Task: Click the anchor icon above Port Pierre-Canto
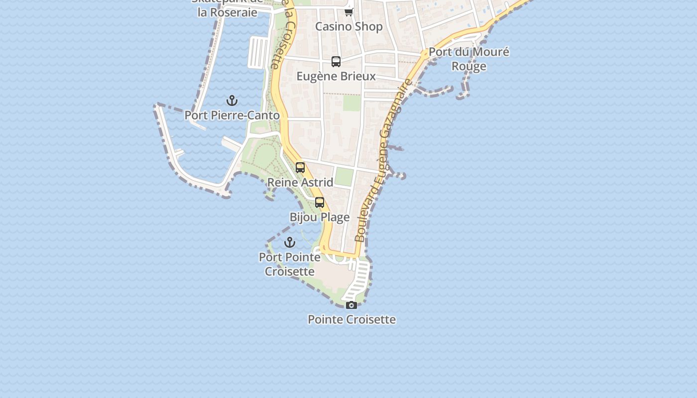click(232, 101)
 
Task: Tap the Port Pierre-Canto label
click(232, 115)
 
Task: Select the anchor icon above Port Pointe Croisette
click(290, 243)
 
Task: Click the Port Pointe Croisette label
click(290, 264)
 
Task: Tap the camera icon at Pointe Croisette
click(351, 305)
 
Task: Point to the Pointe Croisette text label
click(351, 319)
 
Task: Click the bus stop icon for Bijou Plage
click(320, 202)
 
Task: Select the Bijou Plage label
click(320, 217)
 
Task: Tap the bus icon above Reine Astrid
click(300, 168)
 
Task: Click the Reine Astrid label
click(300, 183)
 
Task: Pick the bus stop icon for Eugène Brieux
click(336, 62)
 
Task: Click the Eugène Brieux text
click(336, 77)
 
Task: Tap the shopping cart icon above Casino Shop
click(349, 12)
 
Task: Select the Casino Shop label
click(349, 27)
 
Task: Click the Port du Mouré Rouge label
click(468, 59)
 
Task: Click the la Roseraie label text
click(228, 12)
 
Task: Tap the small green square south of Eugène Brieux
click(351, 103)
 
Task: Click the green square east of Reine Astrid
click(344, 177)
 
